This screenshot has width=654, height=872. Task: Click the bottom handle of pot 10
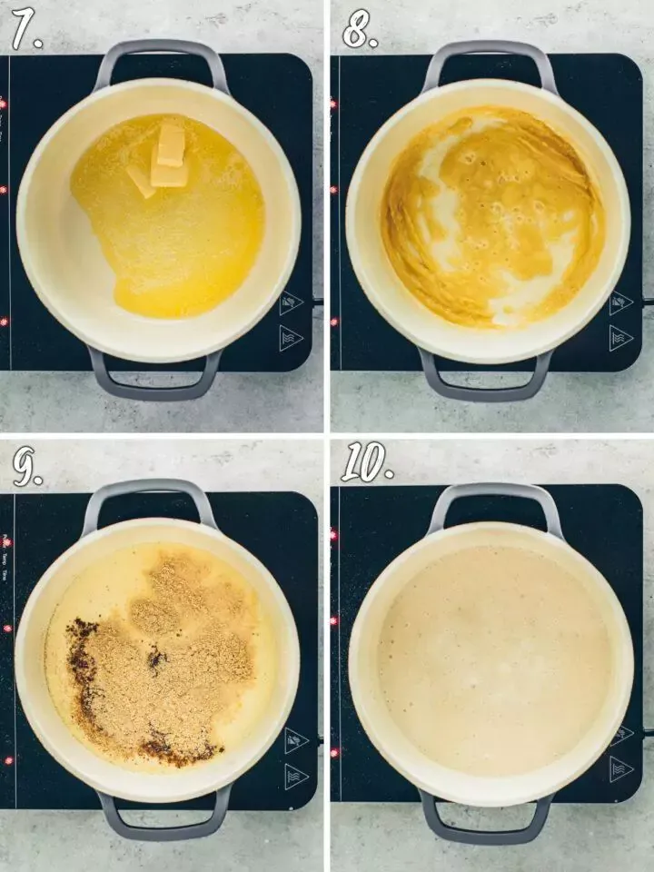486,828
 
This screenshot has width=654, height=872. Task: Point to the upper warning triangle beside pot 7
291,302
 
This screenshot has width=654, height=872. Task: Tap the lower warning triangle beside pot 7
291,338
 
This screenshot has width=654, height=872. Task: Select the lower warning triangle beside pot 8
621,338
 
